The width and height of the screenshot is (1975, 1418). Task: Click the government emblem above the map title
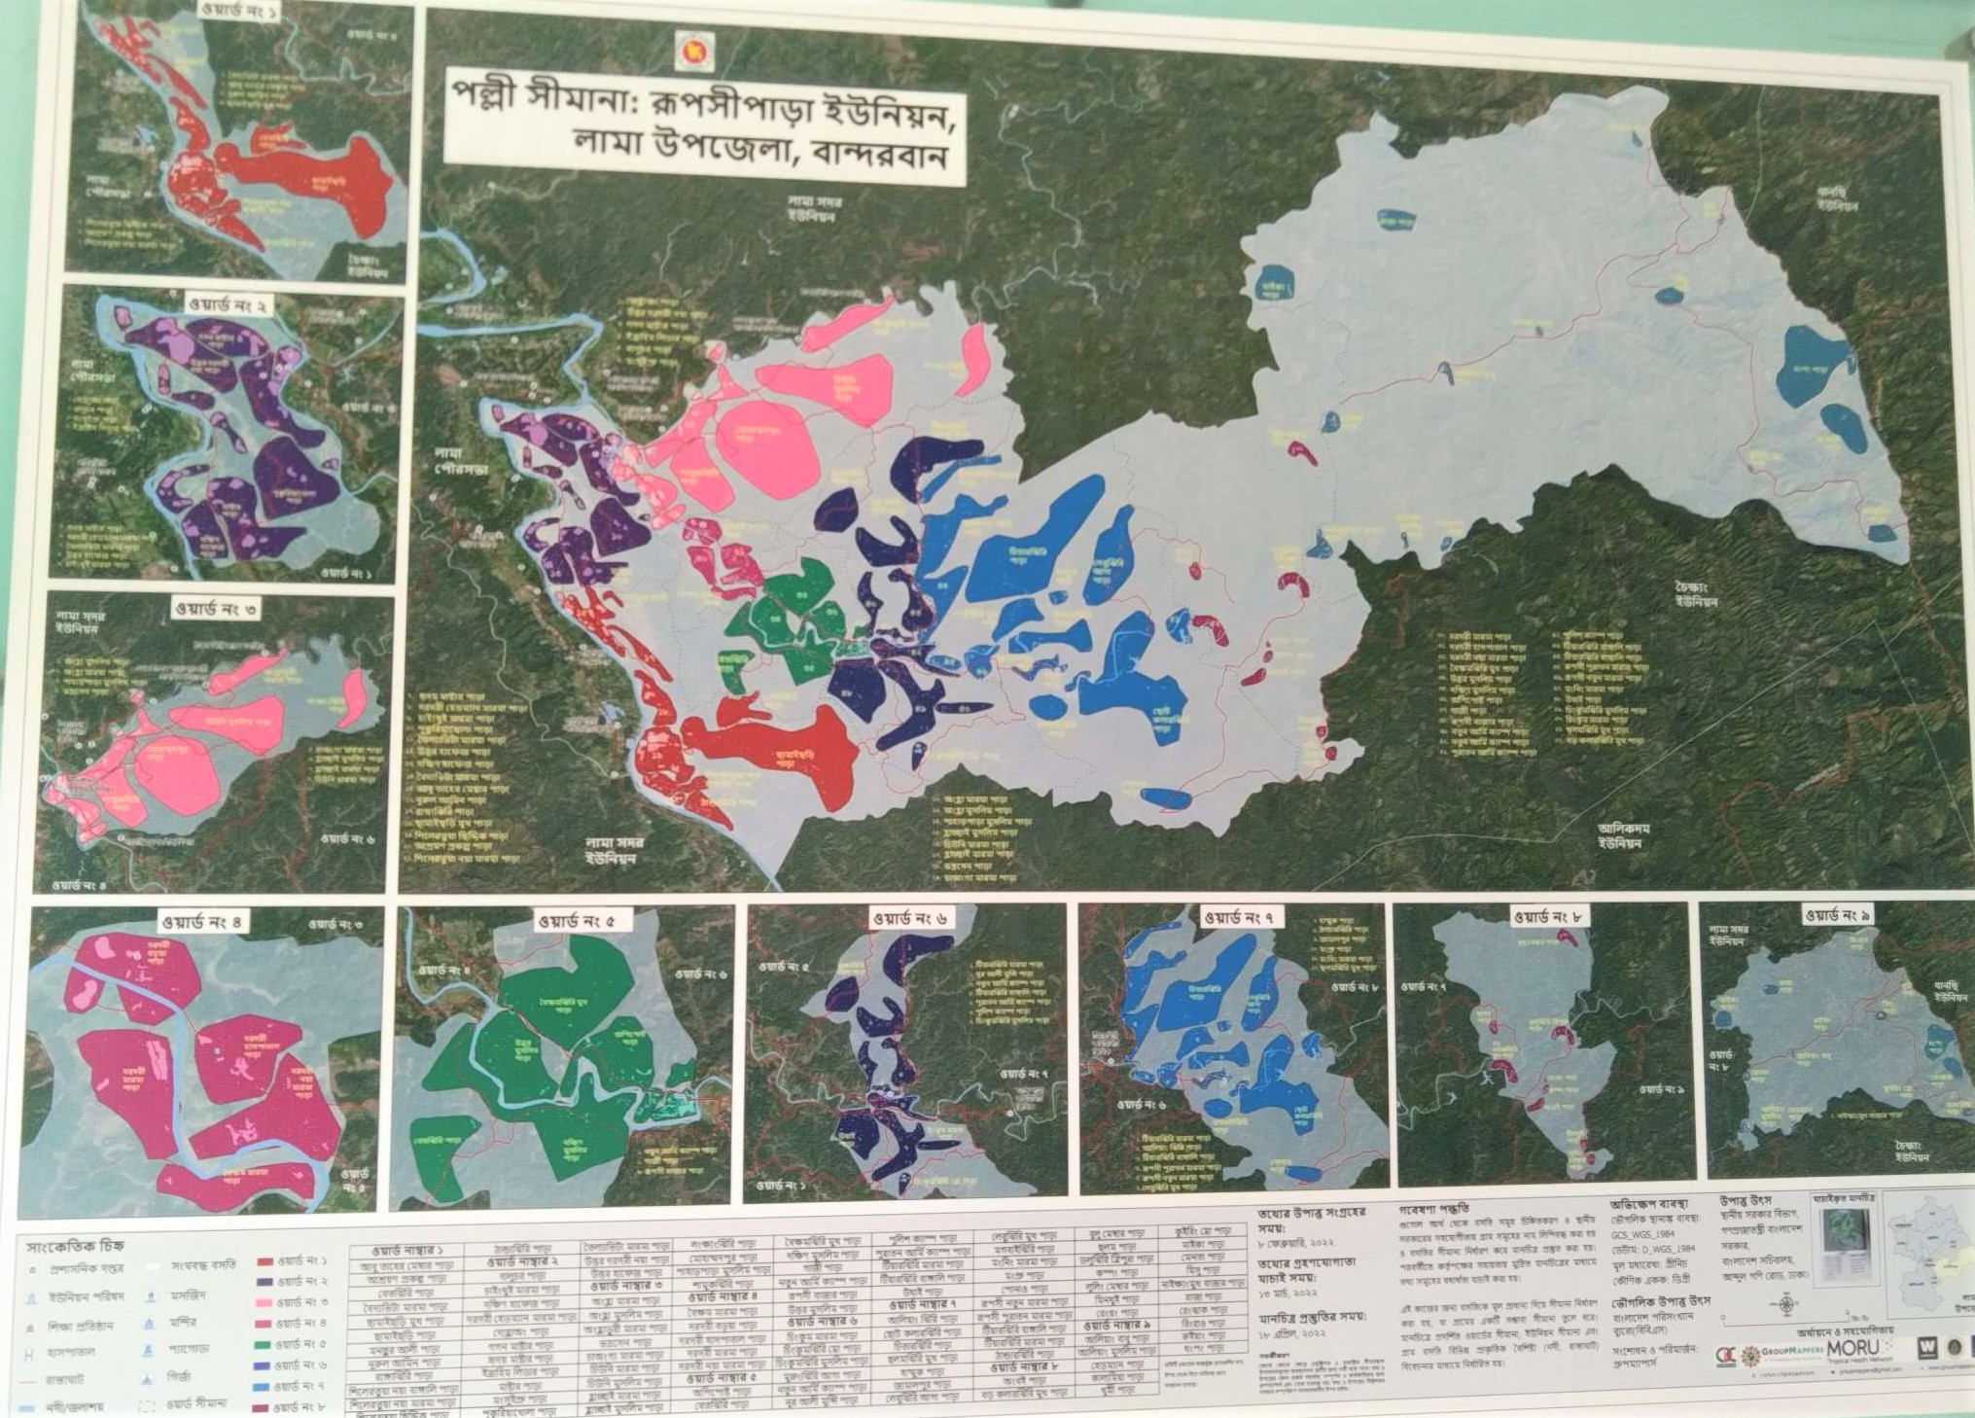pos(693,48)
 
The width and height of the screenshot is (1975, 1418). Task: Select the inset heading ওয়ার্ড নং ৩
pos(216,610)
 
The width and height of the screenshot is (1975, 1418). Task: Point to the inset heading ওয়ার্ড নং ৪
pos(203,921)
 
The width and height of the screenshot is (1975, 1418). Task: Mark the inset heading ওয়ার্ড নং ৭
pos(1242,916)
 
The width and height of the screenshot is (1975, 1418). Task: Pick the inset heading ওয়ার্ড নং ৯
pos(1838,914)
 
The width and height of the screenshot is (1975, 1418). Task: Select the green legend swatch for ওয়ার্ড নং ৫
pos(263,1344)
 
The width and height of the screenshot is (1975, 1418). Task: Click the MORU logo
pos(1853,1348)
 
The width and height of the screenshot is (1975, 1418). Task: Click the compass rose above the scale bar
pos(1788,1302)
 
